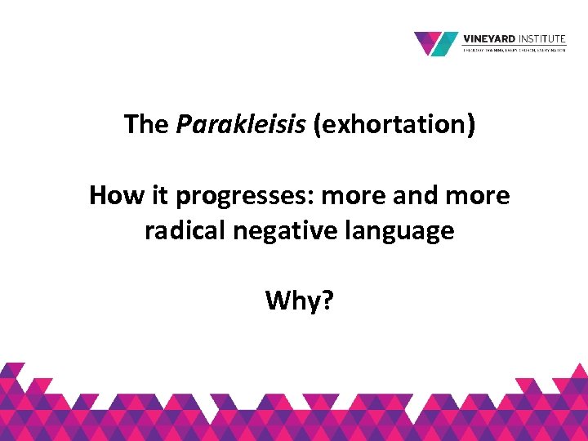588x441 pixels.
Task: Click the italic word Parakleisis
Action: tap(243, 124)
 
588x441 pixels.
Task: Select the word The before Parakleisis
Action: tap(146, 124)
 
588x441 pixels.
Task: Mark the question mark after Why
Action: tap(328, 301)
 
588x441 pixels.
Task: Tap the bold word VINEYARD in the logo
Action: tap(488, 38)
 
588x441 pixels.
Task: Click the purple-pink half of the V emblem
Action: tap(428, 41)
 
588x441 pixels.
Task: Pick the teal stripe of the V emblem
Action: tap(447, 43)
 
